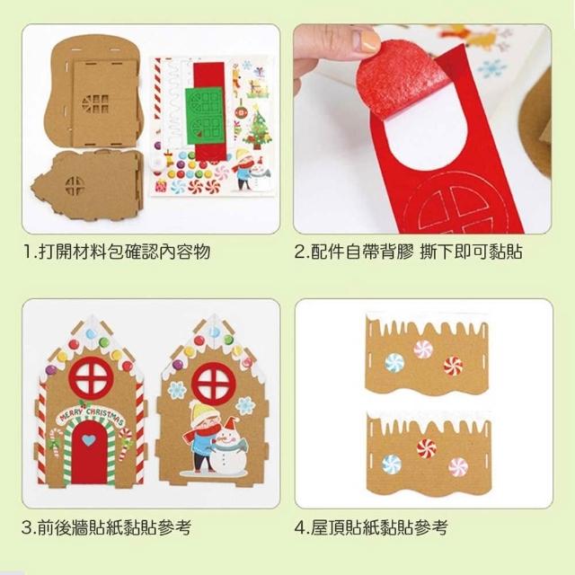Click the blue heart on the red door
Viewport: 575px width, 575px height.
tap(88, 439)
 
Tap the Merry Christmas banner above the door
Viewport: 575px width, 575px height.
tap(92, 415)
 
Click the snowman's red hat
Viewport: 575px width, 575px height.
tap(231, 423)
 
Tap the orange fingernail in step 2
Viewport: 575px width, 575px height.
tap(370, 40)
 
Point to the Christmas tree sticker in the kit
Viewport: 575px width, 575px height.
tap(259, 127)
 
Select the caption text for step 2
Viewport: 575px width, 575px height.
tap(409, 252)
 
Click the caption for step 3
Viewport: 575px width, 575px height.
tap(107, 527)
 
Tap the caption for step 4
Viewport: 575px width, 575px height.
tap(371, 527)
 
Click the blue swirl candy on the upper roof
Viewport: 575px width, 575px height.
tap(394, 363)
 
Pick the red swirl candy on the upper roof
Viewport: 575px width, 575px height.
tap(453, 366)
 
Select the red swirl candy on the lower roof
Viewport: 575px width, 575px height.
tap(427, 448)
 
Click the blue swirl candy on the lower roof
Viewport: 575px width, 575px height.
tap(392, 464)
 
